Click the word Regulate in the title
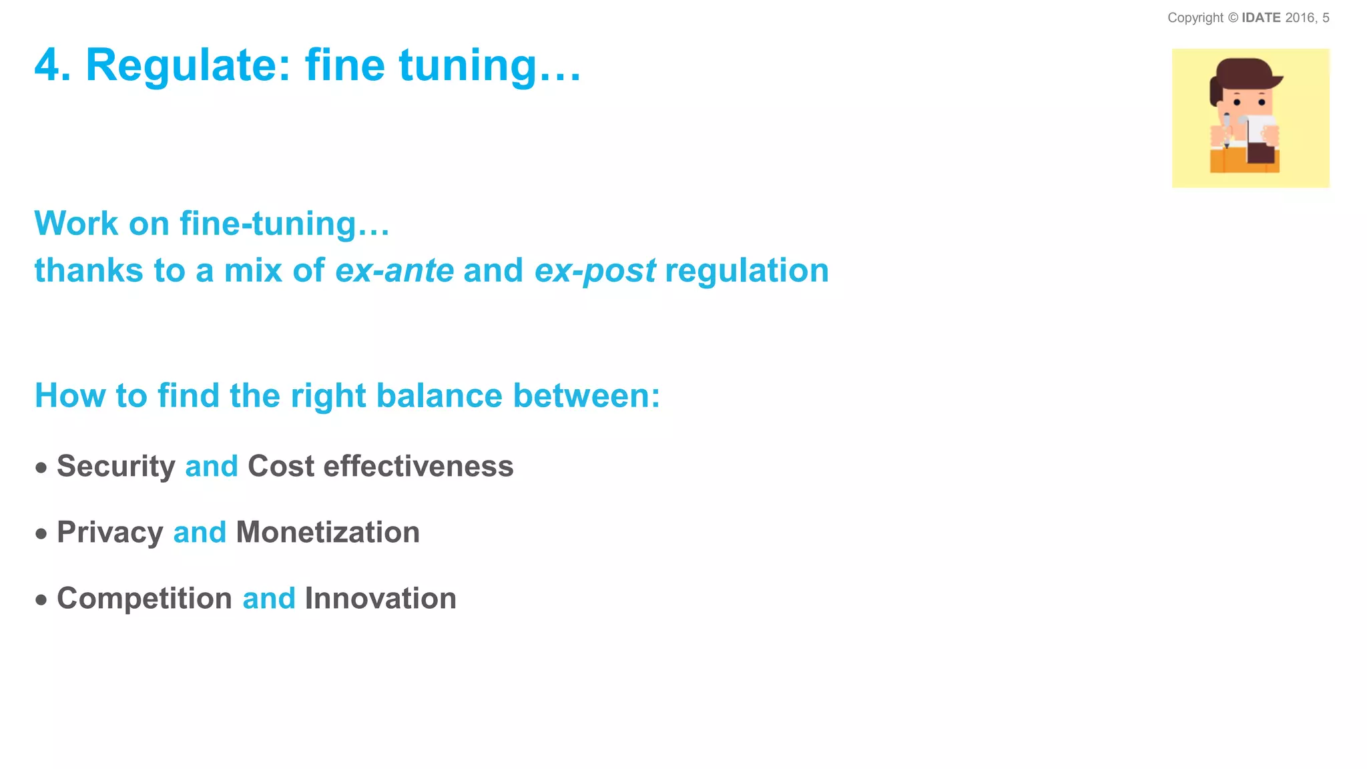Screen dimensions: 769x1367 [x=188, y=66]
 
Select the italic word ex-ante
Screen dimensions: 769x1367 [x=394, y=271]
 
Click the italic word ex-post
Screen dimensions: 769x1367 [x=595, y=271]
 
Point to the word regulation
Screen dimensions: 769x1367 [x=747, y=271]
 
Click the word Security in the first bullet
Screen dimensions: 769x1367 [x=116, y=467]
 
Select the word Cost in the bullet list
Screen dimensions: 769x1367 [x=280, y=466]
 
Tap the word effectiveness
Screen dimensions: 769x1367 [x=419, y=466]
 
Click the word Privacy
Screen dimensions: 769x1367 [x=110, y=533]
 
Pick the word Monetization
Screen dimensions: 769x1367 [x=328, y=532]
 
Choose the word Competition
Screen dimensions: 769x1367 [x=144, y=598]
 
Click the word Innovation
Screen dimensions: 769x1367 [x=380, y=598]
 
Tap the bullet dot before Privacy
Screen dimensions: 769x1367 [x=41, y=534]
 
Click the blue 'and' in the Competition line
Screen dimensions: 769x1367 [x=268, y=599]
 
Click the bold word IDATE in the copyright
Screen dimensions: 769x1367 [x=1261, y=18]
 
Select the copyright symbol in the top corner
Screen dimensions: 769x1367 [x=1233, y=18]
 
